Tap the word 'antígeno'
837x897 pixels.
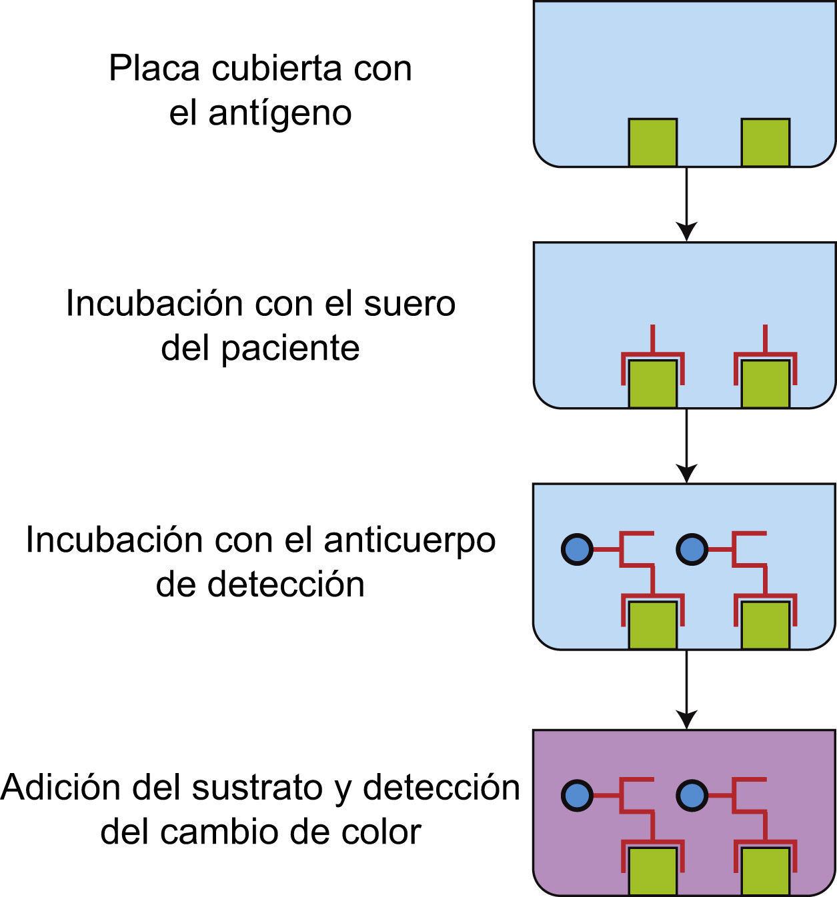coord(279,113)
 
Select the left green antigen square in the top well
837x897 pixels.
coord(653,143)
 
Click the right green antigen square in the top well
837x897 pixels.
coord(766,143)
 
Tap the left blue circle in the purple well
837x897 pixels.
coord(577,795)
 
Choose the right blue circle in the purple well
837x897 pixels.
coord(692,795)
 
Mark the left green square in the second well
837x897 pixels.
coord(653,384)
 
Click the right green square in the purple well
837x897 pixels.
coord(766,872)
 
